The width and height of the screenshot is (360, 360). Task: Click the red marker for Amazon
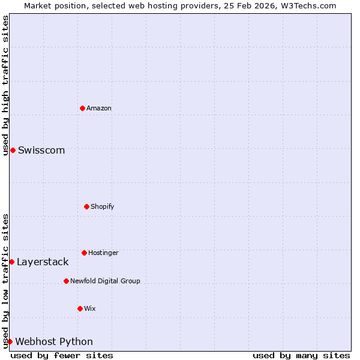click(x=82, y=108)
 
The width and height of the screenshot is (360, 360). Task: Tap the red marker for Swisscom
click(x=13, y=150)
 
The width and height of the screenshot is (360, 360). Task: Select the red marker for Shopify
click(x=86, y=206)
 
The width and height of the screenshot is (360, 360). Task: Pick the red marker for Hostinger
click(x=84, y=253)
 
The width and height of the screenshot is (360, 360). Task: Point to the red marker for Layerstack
click(x=11, y=262)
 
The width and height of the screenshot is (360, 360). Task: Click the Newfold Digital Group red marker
click(x=66, y=281)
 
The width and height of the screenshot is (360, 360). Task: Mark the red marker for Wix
click(x=80, y=308)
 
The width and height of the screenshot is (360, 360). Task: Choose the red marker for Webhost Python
click(x=10, y=341)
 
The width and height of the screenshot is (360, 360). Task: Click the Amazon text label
click(x=99, y=108)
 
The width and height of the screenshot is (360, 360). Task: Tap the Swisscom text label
click(x=41, y=150)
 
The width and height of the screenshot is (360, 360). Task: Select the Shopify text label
click(x=103, y=206)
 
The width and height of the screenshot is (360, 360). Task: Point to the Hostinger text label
click(x=103, y=253)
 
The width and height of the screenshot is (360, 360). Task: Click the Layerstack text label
click(x=43, y=262)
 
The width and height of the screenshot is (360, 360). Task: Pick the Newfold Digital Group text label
click(x=105, y=281)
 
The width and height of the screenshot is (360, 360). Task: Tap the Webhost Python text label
click(x=54, y=341)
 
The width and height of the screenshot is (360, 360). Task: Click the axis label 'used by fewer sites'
click(x=62, y=355)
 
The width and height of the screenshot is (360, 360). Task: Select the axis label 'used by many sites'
click(x=301, y=355)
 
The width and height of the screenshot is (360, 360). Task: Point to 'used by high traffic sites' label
click(x=5, y=85)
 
